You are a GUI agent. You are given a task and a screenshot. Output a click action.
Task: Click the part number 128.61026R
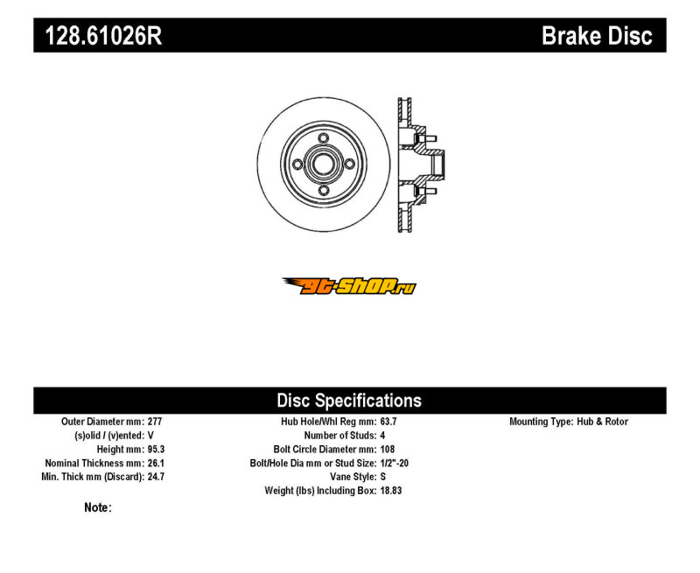click(103, 36)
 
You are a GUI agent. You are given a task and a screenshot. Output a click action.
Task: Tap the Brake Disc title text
click(597, 36)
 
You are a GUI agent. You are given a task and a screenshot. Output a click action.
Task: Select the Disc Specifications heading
click(349, 401)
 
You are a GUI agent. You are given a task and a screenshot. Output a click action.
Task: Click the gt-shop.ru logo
click(349, 286)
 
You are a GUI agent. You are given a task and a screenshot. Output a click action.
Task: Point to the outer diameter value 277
click(155, 422)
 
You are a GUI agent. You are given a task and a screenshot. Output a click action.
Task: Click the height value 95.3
click(157, 450)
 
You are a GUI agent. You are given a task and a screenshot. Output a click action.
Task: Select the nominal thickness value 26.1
click(157, 464)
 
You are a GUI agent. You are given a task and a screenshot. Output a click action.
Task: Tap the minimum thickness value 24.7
click(157, 477)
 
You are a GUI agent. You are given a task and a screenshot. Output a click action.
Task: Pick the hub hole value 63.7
click(388, 422)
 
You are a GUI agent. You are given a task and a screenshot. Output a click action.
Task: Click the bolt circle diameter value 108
click(388, 450)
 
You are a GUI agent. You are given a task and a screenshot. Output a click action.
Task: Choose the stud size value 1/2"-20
click(395, 464)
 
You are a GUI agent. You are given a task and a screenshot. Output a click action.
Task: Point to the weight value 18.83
click(391, 491)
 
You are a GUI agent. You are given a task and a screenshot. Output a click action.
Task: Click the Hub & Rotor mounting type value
click(602, 422)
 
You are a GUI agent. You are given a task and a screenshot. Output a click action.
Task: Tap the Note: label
click(98, 508)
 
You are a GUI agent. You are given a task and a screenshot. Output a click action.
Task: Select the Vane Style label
click(353, 477)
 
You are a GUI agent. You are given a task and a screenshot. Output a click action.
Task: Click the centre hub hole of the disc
click(324, 164)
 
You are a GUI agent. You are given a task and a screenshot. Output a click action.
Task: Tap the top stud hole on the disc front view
click(324, 138)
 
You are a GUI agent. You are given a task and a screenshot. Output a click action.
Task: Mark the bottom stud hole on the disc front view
click(324, 191)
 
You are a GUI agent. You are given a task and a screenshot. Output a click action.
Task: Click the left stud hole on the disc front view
click(297, 164)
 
